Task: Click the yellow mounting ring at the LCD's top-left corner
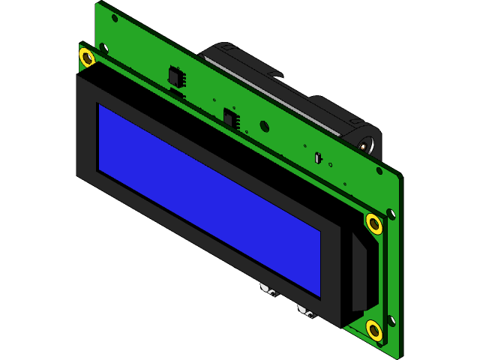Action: pyautogui.click(x=86, y=57)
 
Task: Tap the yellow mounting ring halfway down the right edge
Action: pyautogui.click(x=373, y=223)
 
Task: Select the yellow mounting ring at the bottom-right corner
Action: pyautogui.click(x=373, y=329)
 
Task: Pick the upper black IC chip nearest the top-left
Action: pyautogui.click(x=177, y=76)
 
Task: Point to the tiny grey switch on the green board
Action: pyautogui.click(x=318, y=157)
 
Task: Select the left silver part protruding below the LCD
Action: pyautogui.click(x=268, y=289)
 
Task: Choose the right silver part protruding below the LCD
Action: pyautogui.click(x=307, y=310)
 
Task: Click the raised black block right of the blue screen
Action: pyautogui.click(x=358, y=274)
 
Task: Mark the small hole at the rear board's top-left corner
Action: pyautogui.click(x=115, y=18)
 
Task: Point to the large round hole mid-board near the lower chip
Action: pyautogui.click(x=265, y=127)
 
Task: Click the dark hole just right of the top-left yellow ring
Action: pyautogui.click(x=103, y=49)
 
